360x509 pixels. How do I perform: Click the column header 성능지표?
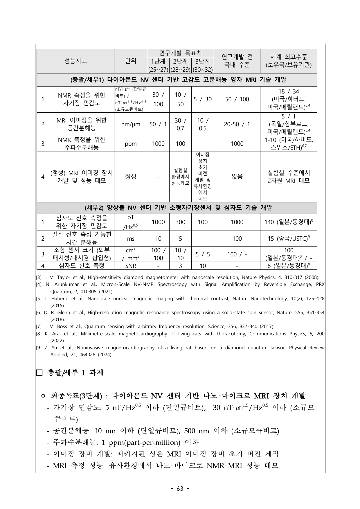click(75, 61)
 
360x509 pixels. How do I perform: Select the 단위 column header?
click(131, 61)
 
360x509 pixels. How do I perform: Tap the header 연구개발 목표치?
click(180, 53)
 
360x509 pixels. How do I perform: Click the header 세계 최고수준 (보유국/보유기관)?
click(288, 61)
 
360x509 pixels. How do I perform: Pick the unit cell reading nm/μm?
click(131, 124)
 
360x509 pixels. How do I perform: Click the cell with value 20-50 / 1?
click(237, 124)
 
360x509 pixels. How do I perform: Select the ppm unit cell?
click(131, 144)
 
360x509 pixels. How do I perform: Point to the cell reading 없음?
click(237, 177)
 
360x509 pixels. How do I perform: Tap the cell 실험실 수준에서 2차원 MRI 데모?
click(288, 177)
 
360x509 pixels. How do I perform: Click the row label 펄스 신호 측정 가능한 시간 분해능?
click(82, 238)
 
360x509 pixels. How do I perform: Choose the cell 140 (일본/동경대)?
click(288, 222)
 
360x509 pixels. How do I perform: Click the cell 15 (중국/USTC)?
click(288, 239)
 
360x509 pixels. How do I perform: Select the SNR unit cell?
click(131, 266)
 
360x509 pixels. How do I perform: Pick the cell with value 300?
click(180, 222)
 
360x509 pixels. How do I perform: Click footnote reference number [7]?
click(39, 327)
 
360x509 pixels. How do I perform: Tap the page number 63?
click(180, 489)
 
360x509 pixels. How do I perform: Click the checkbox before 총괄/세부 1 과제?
click(39, 373)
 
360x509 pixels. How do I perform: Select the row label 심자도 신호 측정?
click(82, 266)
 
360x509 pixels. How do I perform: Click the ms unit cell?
click(131, 239)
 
